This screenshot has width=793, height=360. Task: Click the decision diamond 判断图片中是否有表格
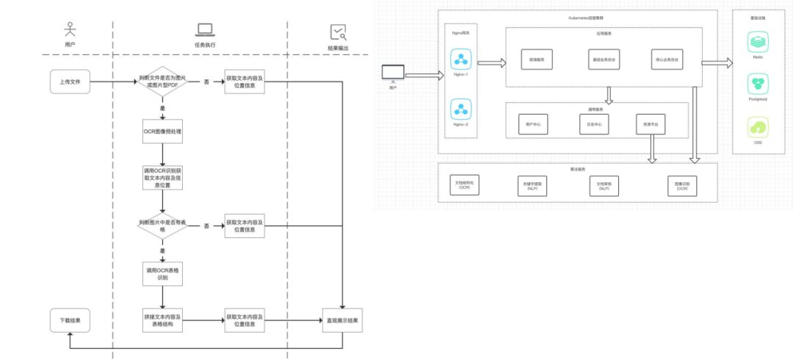coord(162,226)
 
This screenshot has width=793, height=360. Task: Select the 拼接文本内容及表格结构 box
coord(162,320)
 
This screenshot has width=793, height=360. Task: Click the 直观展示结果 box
coord(343,320)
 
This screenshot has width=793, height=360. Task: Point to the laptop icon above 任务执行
coord(204,30)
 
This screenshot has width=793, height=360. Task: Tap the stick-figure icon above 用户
coord(70,29)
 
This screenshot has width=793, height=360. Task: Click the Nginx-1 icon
coord(462,60)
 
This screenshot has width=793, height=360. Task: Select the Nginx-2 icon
coord(462,110)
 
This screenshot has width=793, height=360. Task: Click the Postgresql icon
coord(758,83)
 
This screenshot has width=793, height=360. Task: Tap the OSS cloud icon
coord(758,128)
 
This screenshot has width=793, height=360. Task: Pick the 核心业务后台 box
coord(665,59)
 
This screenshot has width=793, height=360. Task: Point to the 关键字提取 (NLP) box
coord(532,187)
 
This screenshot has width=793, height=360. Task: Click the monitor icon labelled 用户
coord(393,73)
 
